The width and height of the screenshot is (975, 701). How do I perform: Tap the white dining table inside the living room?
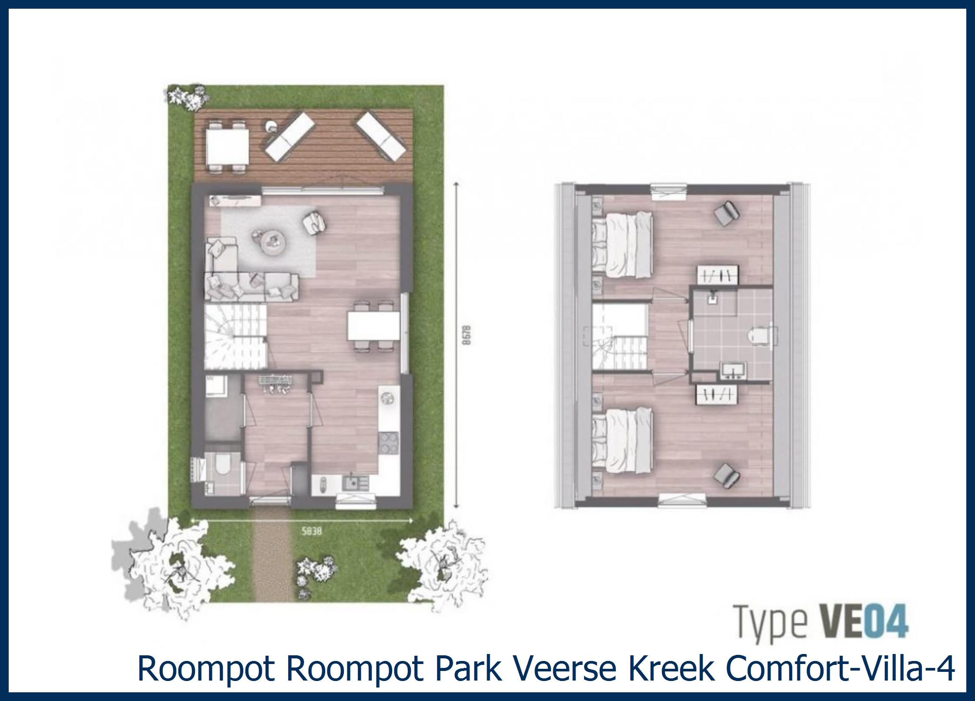coord(373,326)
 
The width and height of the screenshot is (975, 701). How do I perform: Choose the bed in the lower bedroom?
coord(624,440)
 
